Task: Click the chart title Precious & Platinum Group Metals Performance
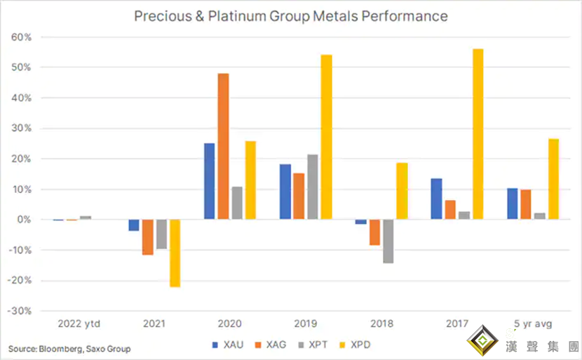(x=291, y=15)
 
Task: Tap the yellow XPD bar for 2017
(x=478, y=134)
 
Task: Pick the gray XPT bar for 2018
(x=388, y=241)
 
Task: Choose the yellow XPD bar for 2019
(x=326, y=137)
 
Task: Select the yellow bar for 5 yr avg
(x=554, y=179)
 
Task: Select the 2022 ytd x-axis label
(x=78, y=324)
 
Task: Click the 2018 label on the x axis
(x=381, y=324)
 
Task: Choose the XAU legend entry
(x=229, y=345)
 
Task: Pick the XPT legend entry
(x=312, y=345)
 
